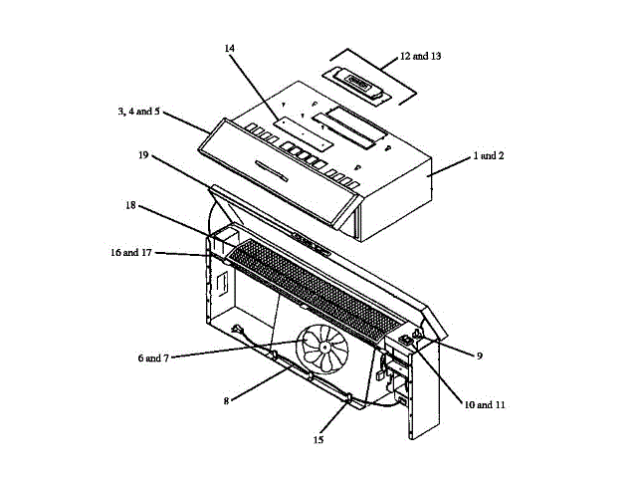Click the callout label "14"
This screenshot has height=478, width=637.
(x=230, y=48)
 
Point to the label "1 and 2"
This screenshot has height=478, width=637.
(x=489, y=156)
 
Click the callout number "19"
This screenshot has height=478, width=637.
(x=144, y=156)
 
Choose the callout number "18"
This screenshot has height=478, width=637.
(x=130, y=207)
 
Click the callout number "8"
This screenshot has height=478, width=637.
(x=227, y=400)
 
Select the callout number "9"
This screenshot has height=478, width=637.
(x=479, y=354)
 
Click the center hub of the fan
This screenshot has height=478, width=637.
(x=324, y=348)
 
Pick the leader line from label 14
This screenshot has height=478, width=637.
(x=259, y=86)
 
